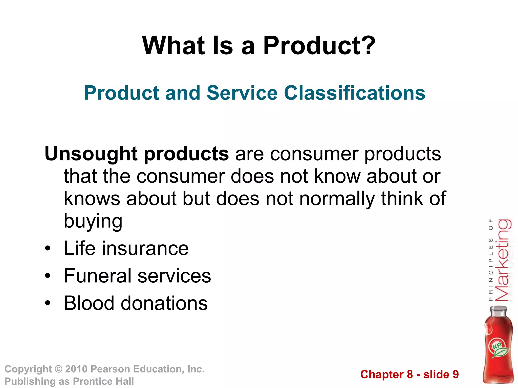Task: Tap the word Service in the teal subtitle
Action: click(242, 93)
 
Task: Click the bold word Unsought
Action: click(91, 154)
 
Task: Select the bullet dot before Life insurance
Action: click(48, 248)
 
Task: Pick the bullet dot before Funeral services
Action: click(48, 276)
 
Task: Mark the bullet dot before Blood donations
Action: click(48, 303)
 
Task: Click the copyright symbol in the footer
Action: click(58, 369)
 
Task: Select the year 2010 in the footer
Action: click(76, 369)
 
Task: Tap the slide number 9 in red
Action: click(456, 374)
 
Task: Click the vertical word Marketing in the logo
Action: click(503, 260)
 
